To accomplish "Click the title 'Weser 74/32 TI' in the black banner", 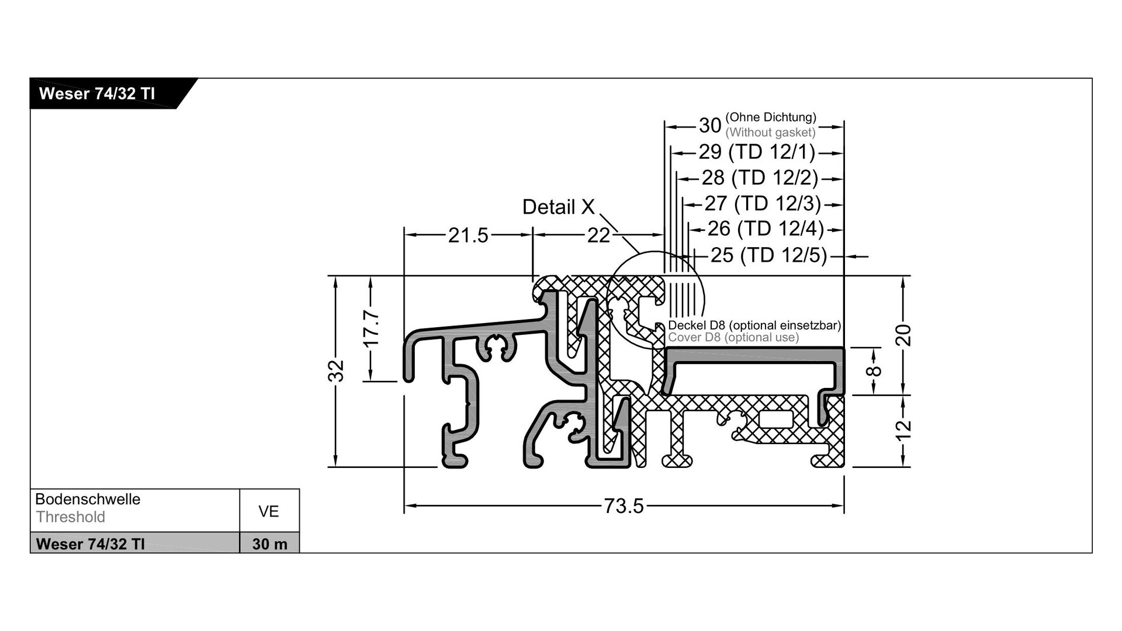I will (x=96, y=94).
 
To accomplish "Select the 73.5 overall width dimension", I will (x=624, y=506).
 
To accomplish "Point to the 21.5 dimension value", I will (x=468, y=235).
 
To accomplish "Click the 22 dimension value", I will (x=598, y=235).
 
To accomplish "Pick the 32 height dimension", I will (x=337, y=371).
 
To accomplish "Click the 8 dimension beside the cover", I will (x=874, y=371).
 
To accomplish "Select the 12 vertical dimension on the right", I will (x=903, y=430).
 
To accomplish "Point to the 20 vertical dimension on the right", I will (x=903, y=335).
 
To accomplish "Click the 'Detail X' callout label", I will (x=558, y=207).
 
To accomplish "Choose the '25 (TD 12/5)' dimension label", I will (x=769, y=255).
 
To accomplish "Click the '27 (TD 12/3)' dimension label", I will (x=763, y=203).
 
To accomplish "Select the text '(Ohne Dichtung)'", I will (x=771, y=117).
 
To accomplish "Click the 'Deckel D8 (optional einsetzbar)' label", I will (x=754, y=325).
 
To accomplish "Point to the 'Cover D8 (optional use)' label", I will (x=733, y=338).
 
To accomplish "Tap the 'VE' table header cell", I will (x=269, y=512).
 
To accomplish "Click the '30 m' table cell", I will (x=269, y=544).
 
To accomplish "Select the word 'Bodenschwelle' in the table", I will (x=88, y=500).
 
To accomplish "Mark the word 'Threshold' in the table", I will (x=71, y=517).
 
